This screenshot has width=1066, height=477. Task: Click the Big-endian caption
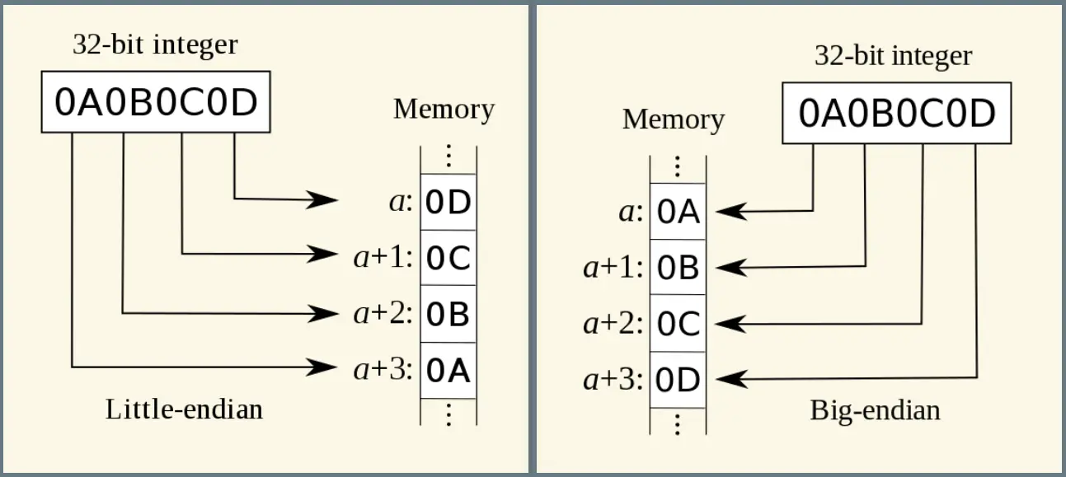(x=876, y=411)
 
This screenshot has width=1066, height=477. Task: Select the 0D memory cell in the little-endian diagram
(x=448, y=202)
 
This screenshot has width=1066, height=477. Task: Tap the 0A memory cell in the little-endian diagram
(x=448, y=371)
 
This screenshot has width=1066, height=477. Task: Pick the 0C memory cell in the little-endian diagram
(x=448, y=258)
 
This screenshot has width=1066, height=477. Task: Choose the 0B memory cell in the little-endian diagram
(x=448, y=314)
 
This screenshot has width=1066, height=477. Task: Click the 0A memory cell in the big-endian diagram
(x=679, y=212)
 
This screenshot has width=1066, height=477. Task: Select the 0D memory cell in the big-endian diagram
(x=679, y=380)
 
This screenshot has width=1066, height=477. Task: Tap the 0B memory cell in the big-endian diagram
(x=679, y=267)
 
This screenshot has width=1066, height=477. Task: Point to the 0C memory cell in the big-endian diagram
(x=679, y=324)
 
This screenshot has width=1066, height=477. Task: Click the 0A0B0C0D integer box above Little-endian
(x=156, y=102)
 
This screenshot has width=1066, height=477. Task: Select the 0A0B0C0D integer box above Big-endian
(x=897, y=113)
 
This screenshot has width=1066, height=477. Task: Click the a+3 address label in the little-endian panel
(x=383, y=370)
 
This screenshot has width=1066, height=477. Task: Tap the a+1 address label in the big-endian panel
(x=613, y=267)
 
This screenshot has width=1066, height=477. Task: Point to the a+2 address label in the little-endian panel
(x=383, y=314)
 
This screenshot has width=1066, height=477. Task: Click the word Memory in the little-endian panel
(x=444, y=110)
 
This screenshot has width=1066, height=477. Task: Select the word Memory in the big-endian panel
(x=674, y=119)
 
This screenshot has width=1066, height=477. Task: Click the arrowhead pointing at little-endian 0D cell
(x=322, y=199)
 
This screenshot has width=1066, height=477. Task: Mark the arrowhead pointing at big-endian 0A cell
(x=731, y=212)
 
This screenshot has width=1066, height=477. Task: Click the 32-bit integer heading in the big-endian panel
(x=893, y=56)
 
